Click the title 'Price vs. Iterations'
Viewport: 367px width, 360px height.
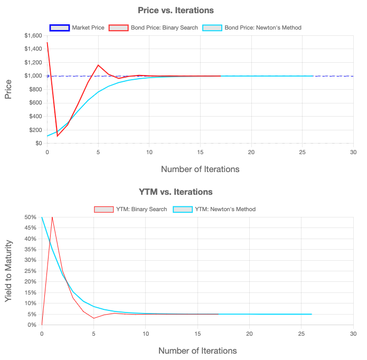click(175, 10)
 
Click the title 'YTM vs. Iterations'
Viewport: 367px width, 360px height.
click(175, 192)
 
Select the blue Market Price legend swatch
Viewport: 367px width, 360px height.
click(59, 27)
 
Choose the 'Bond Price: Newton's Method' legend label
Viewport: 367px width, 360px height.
click(263, 27)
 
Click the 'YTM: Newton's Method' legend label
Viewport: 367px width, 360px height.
click(225, 209)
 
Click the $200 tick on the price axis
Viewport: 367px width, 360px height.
click(33, 130)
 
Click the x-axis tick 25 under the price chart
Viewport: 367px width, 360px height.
click(303, 152)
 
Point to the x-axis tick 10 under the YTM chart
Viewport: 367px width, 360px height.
click(145, 334)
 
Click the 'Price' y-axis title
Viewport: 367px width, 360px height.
click(8, 89)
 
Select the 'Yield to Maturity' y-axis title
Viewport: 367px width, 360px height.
click(8, 271)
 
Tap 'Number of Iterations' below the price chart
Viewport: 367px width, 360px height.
click(200, 169)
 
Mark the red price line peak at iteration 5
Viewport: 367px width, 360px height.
click(98, 65)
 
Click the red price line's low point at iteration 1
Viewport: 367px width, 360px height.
click(58, 136)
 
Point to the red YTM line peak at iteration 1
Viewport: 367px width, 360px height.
click(52, 217)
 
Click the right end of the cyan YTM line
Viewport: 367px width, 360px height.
click(311, 314)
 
